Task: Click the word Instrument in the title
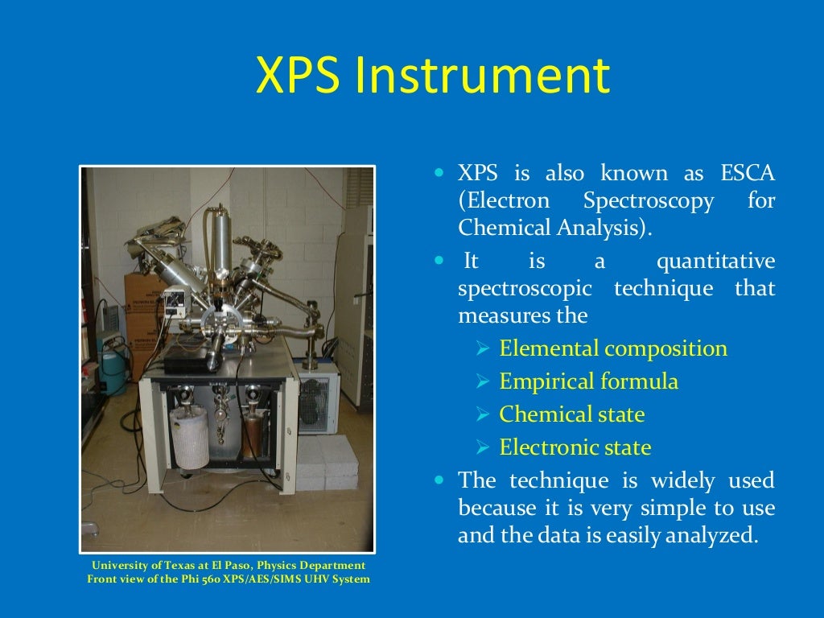point(483,77)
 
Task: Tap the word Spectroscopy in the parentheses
point(648,200)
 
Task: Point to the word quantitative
point(715,262)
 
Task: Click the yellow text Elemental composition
point(612,348)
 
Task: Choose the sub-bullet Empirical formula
point(588,381)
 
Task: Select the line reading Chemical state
point(571,414)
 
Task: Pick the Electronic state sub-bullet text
point(575,447)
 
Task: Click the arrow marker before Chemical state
point(483,415)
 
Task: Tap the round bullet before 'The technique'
point(439,480)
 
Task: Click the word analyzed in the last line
point(718,534)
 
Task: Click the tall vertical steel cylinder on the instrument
point(215,241)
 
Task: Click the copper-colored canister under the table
point(256,431)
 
